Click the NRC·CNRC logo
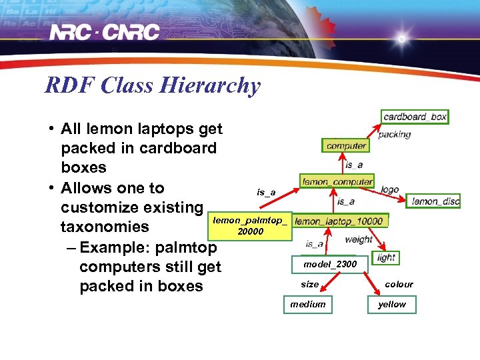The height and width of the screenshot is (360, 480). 105,32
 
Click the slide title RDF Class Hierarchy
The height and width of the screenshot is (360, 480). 153,85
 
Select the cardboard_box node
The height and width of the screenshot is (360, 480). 415,117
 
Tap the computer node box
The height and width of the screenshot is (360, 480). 346,145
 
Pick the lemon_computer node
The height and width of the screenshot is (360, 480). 337,181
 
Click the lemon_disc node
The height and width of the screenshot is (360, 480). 435,201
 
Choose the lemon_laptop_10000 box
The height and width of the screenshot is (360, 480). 339,221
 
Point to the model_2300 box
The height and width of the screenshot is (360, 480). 329,264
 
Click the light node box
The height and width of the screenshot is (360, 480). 386,257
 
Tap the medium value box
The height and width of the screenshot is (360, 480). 308,305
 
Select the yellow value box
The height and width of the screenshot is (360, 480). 392,305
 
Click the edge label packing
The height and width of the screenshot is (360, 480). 395,135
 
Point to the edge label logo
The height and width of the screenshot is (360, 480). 390,189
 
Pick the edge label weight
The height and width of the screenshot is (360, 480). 359,239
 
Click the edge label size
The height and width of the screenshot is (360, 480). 309,284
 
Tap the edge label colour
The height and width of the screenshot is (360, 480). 399,284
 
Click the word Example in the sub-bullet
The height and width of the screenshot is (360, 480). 115,248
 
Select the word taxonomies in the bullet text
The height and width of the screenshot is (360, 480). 105,227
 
